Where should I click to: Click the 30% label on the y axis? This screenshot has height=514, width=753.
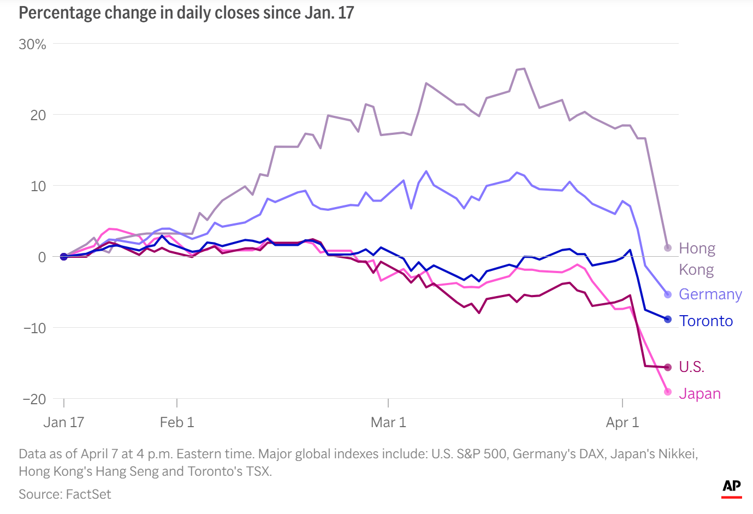[x=32, y=44]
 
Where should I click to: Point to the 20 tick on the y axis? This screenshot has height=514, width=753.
[x=38, y=115]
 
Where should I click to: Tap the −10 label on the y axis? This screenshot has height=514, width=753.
[x=34, y=328]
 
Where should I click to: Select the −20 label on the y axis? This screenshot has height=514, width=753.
[x=34, y=399]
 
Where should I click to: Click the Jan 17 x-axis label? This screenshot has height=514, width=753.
[x=63, y=422]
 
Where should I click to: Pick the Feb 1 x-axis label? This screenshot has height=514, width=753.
[x=176, y=422]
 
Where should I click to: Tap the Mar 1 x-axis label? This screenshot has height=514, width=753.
[x=388, y=422]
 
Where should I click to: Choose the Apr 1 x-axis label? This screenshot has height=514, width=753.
[x=622, y=422]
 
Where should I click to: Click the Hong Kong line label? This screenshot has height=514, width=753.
[x=697, y=259]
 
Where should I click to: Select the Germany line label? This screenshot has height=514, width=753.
[x=710, y=294]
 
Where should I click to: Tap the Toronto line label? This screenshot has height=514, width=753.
[x=705, y=321]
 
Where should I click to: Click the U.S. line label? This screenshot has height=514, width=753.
[x=691, y=367]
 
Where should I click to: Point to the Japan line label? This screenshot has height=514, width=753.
[x=699, y=394]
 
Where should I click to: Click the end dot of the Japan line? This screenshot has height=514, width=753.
[x=667, y=392]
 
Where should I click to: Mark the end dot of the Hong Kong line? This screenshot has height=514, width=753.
[x=667, y=248]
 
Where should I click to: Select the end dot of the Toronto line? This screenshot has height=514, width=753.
[x=667, y=319]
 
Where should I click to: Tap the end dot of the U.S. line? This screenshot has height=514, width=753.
[x=667, y=367]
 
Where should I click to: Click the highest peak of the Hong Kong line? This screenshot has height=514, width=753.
[x=524, y=69]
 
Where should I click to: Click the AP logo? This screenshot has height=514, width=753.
[x=732, y=487]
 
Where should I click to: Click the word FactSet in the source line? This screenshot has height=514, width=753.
[x=88, y=494]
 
